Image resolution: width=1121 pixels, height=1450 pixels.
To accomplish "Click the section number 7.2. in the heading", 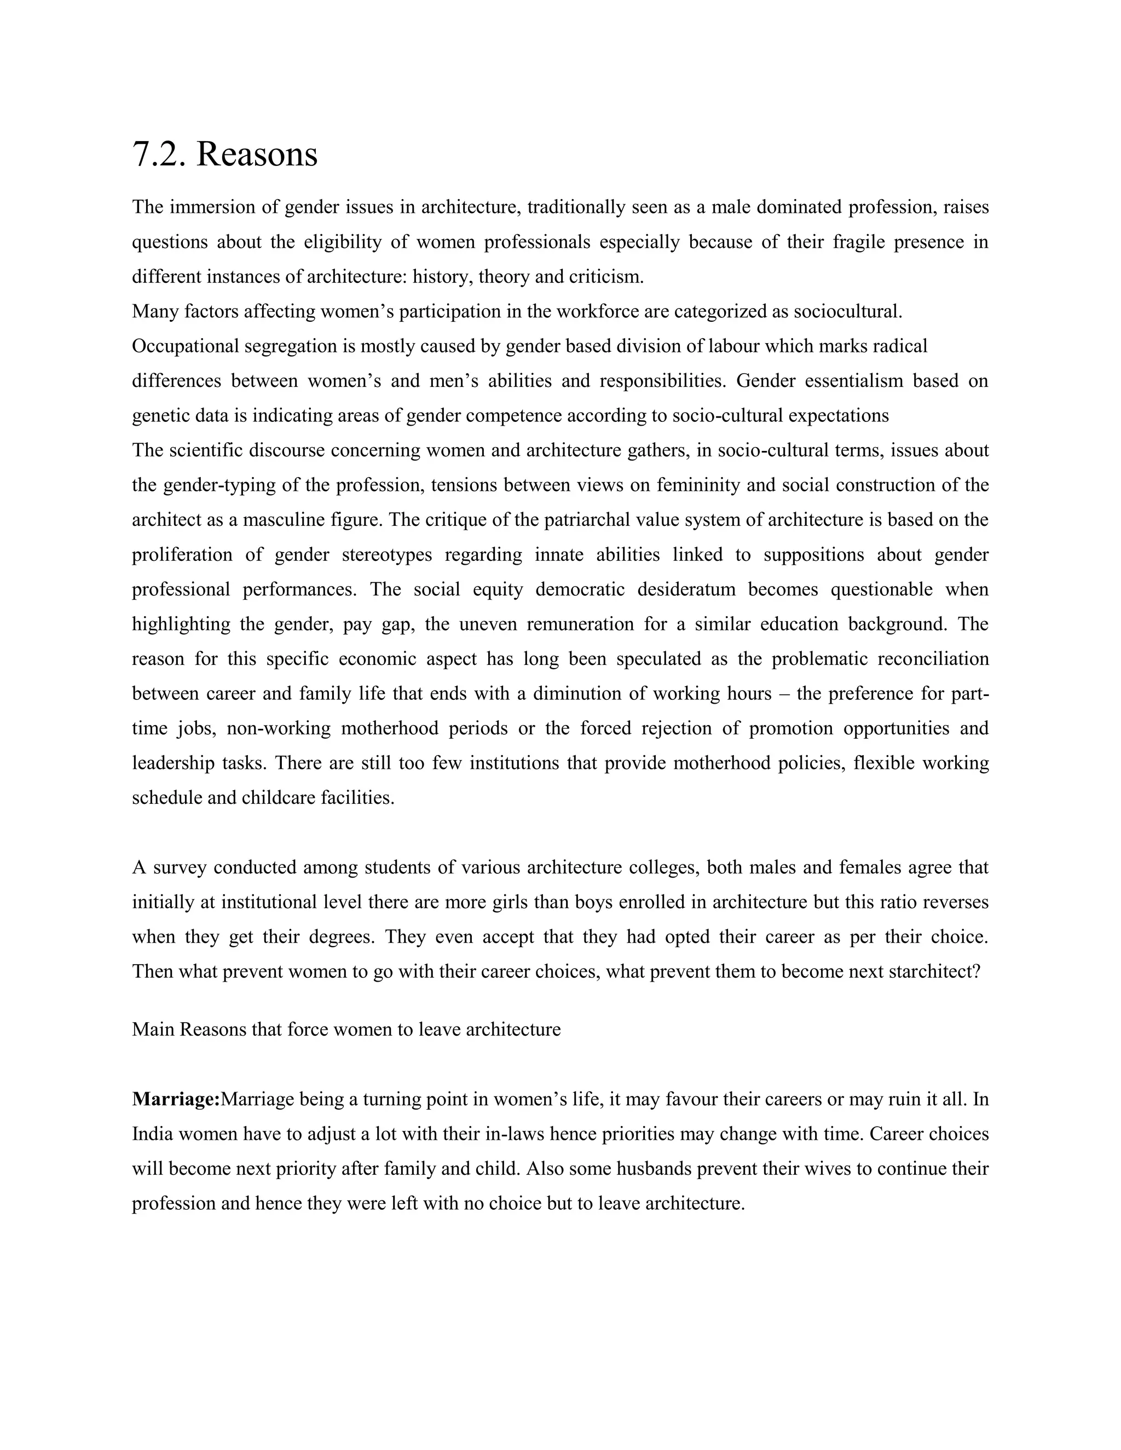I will point(159,155).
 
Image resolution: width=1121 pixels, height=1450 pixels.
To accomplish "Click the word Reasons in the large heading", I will point(257,155).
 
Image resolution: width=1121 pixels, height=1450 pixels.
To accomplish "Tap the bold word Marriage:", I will point(176,1099).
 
